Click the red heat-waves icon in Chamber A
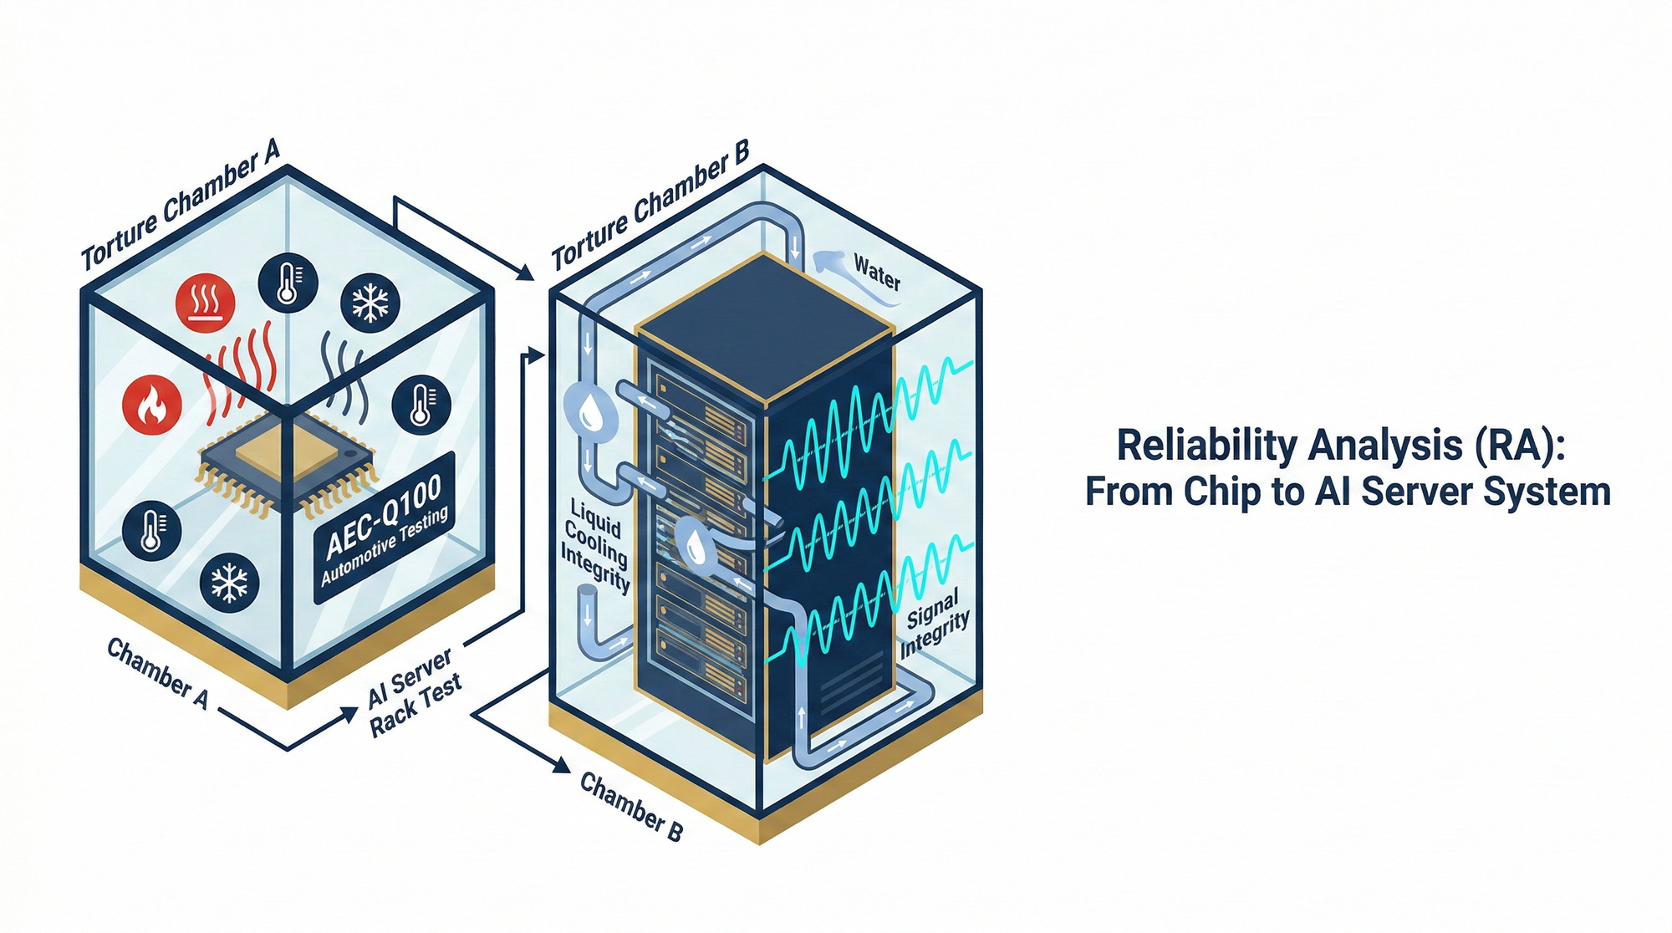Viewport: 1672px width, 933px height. [205, 302]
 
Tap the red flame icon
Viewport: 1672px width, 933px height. [152, 405]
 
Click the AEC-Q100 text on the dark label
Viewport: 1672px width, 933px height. [383, 516]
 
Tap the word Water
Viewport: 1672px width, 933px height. [877, 273]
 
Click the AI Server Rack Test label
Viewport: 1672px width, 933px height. [414, 692]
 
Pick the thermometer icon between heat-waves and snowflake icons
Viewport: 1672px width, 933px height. [288, 283]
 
